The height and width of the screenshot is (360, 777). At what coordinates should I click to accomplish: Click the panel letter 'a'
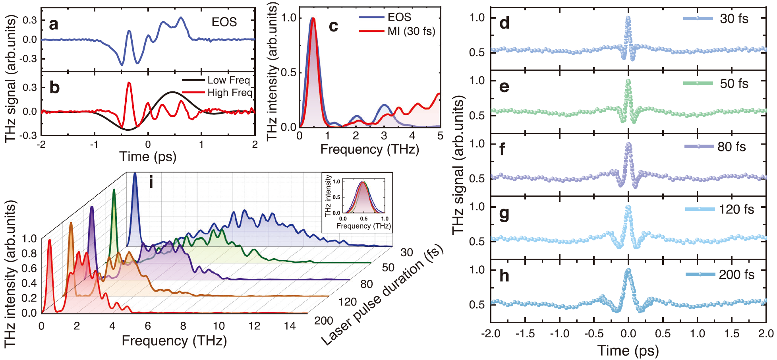click(54, 24)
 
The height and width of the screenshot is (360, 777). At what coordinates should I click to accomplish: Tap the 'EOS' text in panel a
click(224, 22)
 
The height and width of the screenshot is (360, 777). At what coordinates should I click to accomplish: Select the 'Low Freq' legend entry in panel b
click(228, 80)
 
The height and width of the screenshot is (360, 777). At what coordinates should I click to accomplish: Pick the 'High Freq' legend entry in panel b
click(230, 93)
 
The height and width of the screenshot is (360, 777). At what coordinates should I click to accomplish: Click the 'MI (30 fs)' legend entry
click(411, 31)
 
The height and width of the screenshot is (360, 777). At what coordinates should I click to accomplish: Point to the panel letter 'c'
click(334, 26)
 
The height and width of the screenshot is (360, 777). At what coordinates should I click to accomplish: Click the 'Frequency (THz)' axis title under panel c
click(369, 149)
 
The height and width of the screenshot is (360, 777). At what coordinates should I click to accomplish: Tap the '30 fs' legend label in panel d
click(734, 19)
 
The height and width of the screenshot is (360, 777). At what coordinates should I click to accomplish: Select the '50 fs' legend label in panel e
click(734, 84)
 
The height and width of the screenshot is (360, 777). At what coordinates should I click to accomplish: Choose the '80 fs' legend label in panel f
click(731, 147)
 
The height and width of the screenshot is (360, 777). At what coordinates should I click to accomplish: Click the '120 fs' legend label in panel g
click(736, 209)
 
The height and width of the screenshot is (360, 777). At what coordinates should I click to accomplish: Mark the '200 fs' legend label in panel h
click(736, 275)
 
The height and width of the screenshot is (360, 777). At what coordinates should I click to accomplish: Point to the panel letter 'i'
click(151, 182)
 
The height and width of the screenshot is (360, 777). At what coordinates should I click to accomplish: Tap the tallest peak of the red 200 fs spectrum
click(50, 240)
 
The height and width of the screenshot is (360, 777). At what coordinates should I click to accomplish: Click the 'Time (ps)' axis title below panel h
click(628, 350)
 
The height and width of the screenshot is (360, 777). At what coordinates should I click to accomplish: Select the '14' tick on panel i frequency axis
click(290, 326)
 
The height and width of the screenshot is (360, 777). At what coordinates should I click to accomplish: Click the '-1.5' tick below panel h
click(525, 333)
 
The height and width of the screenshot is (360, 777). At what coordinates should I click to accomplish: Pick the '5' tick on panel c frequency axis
click(440, 136)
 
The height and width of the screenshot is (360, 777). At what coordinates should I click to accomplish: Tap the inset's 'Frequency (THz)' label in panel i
click(363, 226)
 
